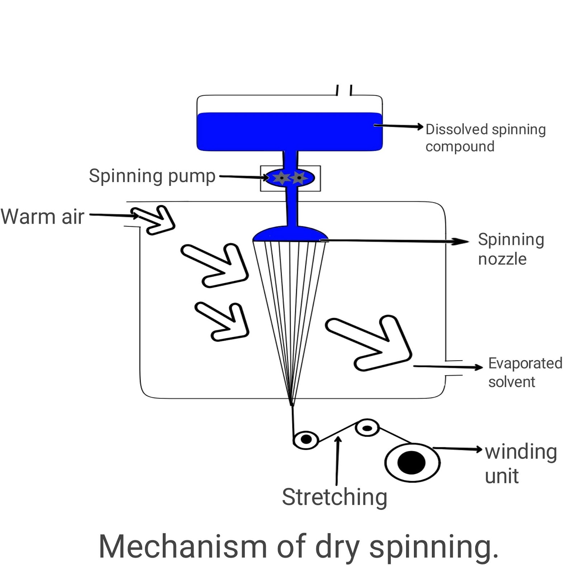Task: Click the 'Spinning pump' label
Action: click(x=152, y=176)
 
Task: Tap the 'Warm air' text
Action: click(x=42, y=217)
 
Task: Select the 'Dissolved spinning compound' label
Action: click(x=485, y=138)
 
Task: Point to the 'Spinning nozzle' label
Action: click(x=511, y=249)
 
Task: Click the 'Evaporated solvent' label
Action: click(x=525, y=372)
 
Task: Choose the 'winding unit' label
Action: click(x=520, y=464)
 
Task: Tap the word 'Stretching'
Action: click(x=334, y=497)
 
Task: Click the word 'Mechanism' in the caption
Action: click(x=183, y=546)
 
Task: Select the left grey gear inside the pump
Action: click(x=282, y=178)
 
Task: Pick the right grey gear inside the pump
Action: click(x=298, y=178)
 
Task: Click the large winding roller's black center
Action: click(x=411, y=462)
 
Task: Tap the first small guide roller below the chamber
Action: click(x=306, y=439)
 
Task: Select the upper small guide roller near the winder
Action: click(x=367, y=428)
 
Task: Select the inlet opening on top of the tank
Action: click(x=344, y=91)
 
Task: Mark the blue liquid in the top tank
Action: click(x=289, y=131)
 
